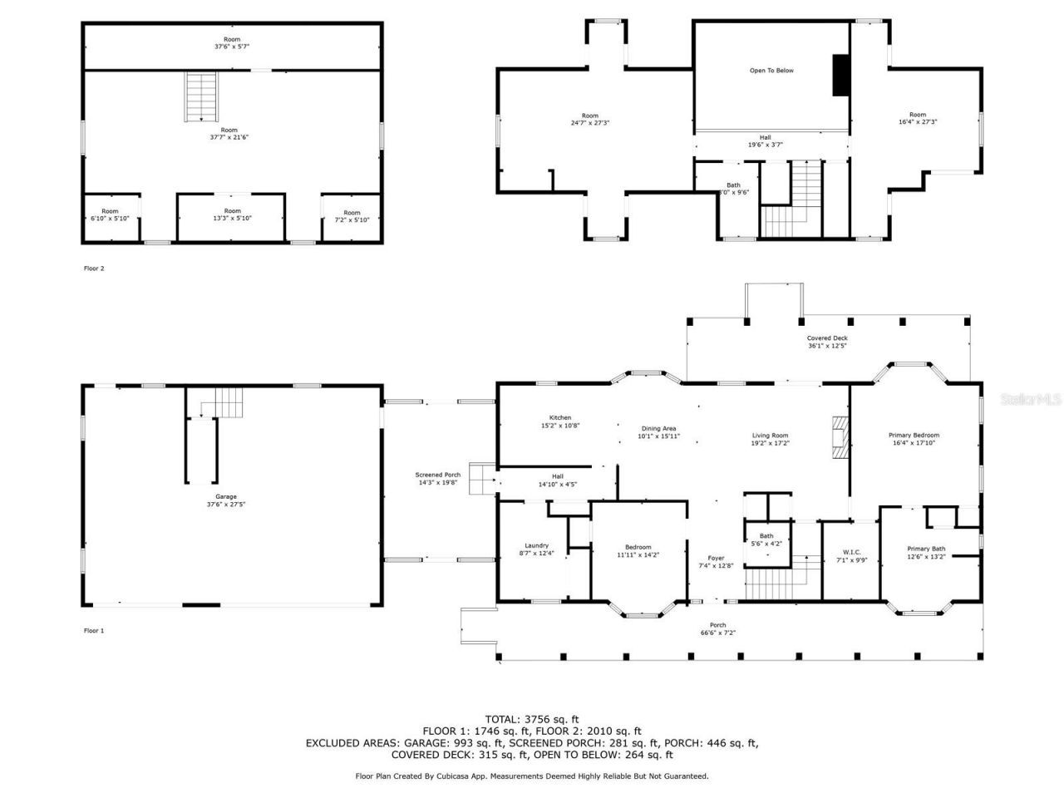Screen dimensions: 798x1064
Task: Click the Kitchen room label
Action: click(x=559, y=421)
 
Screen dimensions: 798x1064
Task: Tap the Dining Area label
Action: click(x=658, y=432)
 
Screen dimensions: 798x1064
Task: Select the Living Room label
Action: click(x=771, y=439)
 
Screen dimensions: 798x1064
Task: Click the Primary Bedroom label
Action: click(x=914, y=439)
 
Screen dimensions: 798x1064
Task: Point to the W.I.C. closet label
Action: click(x=851, y=556)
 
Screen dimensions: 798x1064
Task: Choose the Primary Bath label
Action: click(x=926, y=553)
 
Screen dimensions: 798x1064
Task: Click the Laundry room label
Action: click(x=536, y=549)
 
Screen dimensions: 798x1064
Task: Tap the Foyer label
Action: click(x=716, y=562)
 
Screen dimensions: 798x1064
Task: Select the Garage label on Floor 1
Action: click(x=226, y=500)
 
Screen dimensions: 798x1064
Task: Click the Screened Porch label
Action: click(x=438, y=478)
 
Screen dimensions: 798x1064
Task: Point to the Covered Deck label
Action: click(x=827, y=342)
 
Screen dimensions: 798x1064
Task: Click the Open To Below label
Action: click(x=771, y=71)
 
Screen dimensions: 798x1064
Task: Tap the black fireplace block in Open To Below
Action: click(x=840, y=76)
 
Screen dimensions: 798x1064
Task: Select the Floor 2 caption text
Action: click(x=94, y=268)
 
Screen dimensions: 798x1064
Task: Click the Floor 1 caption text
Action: click(x=94, y=631)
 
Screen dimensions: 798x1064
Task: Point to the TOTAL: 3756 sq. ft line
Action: click(x=532, y=719)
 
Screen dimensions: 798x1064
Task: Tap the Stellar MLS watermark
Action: click(x=1031, y=400)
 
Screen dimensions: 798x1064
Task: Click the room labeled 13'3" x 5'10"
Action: click(x=232, y=214)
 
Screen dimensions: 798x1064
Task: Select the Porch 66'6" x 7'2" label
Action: click(x=717, y=629)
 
